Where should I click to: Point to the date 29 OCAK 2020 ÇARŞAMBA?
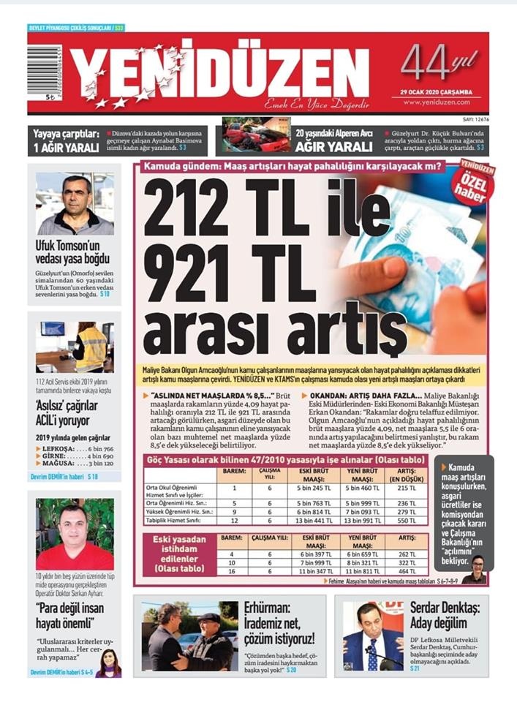tap(436, 92)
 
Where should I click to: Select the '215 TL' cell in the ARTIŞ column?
tap(410, 488)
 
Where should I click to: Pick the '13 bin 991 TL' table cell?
tap(361, 521)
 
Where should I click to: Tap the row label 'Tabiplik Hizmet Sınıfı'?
tap(175, 521)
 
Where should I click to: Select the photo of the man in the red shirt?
tap(75, 535)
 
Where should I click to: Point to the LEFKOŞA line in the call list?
tap(74, 448)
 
